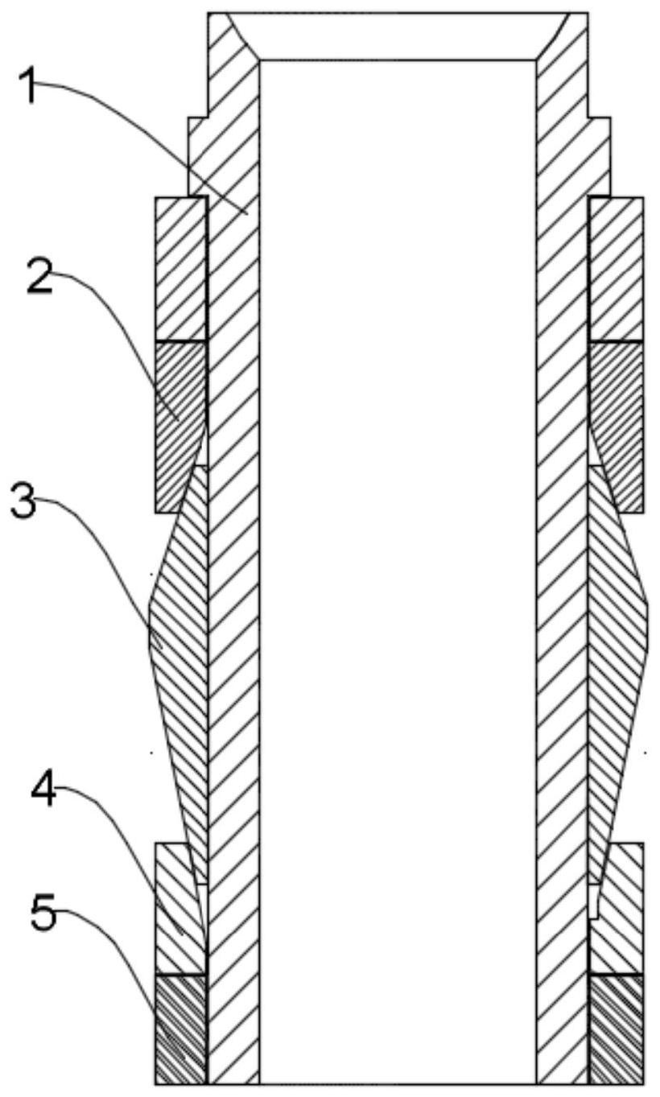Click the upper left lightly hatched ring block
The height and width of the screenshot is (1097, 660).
180,268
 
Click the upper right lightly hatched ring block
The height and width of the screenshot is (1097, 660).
616,268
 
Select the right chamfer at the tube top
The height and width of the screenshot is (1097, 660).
554,36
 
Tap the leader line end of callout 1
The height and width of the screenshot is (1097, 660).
246,214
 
